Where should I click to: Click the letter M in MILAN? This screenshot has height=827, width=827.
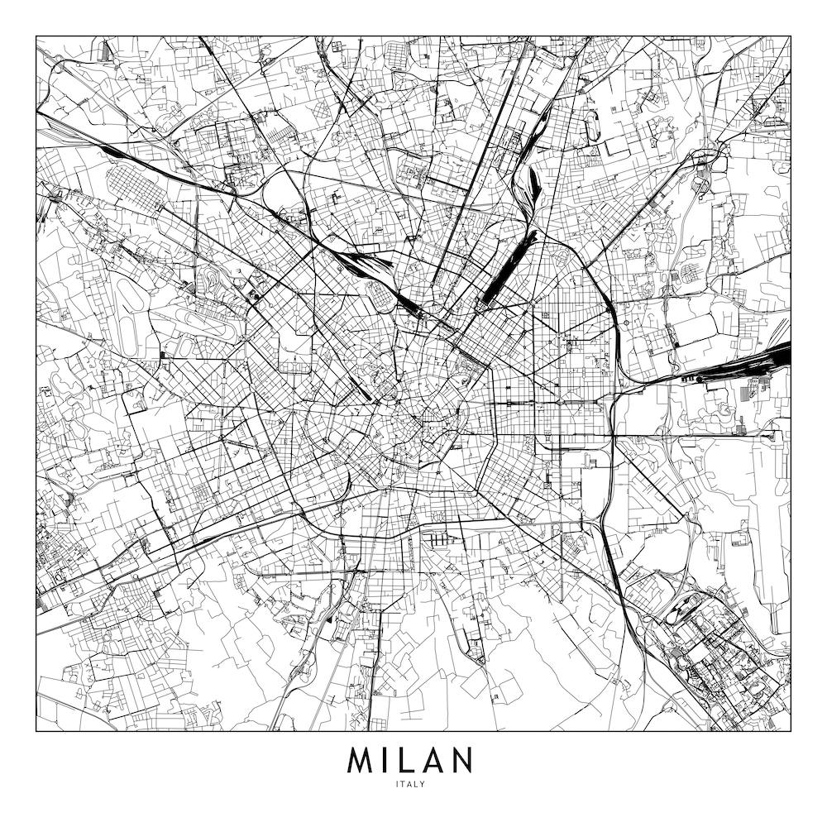pos(362,760)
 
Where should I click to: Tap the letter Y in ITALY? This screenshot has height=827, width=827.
pos(423,785)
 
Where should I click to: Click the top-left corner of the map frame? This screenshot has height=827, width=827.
pos(36,36)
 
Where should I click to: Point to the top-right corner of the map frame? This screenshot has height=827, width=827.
pos(791,36)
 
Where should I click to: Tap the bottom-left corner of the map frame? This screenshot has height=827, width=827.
pos(36,731)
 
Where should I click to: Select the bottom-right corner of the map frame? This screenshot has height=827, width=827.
pos(791,731)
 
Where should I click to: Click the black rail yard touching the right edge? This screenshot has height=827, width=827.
pos(777,357)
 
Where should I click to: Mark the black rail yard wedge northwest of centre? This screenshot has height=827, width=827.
pos(364,263)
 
